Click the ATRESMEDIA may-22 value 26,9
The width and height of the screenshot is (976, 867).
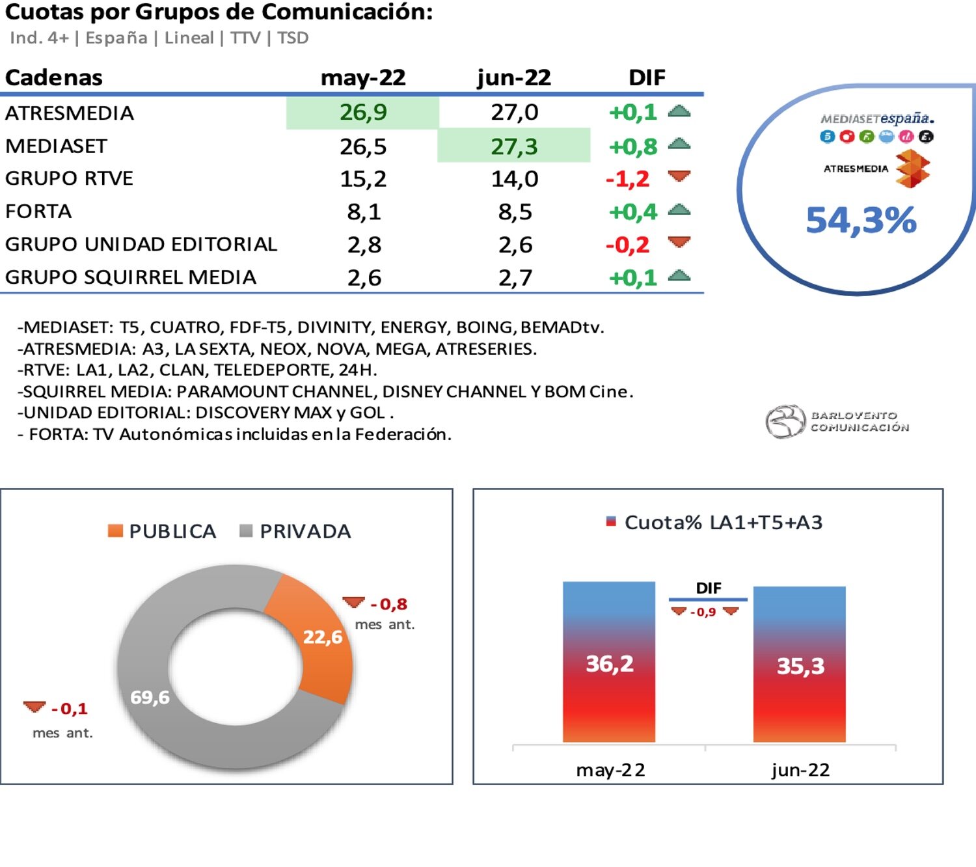click(x=363, y=113)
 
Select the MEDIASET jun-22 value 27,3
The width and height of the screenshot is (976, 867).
click(x=514, y=146)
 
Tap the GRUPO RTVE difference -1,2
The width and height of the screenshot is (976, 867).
click(x=628, y=178)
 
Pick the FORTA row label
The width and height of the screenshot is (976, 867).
click(x=38, y=212)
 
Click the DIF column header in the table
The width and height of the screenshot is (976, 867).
click(x=647, y=77)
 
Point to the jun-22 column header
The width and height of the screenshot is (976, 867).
click(x=513, y=77)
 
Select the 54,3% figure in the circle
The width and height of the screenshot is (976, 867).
click(x=861, y=220)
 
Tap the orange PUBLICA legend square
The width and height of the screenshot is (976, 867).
click(x=115, y=531)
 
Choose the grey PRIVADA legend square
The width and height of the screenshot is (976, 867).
click(x=246, y=531)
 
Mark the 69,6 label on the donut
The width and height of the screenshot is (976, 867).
click(x=150, y=697)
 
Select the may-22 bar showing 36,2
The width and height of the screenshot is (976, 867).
click(x=609, y=663)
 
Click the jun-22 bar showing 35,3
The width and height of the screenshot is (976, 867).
click(x=800, y=665)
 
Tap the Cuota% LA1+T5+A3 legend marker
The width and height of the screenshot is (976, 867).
click(x=611, y=521)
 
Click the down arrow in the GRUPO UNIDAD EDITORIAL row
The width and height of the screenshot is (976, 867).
click(x=679, y=243)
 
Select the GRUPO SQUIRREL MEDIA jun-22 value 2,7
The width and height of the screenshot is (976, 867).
click(x=515, y=278)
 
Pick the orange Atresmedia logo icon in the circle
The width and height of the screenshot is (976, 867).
click(x=912, y=169)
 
